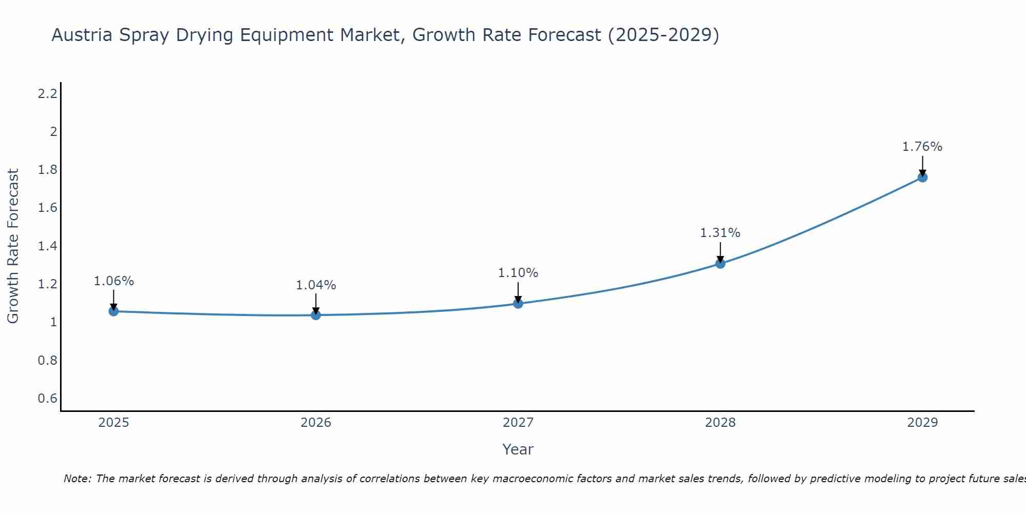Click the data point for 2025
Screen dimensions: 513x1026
[x=114, y=311]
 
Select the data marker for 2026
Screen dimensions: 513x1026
[x=316, y=315]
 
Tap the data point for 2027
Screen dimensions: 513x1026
[x=518, y=303]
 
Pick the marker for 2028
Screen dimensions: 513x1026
[x=720, y=263]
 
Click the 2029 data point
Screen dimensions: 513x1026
[x=922, y=177]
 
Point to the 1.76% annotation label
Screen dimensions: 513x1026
[x=922, y=147]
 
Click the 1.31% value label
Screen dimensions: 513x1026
[x=720, y=233]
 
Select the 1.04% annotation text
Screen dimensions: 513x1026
[x=316, y=285]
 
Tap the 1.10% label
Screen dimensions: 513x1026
[x=518, y=273]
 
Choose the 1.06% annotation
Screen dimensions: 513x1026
[x=114, y=281]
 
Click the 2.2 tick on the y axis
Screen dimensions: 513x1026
[x=47, y=93]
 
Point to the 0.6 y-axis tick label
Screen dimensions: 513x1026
[x=47, y=399]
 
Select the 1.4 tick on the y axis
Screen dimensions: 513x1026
[x=47, y=246]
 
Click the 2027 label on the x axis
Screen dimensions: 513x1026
[x=518, y=423]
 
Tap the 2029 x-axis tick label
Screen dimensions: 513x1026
[x=922, y=423]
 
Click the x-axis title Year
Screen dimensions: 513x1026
[x=518, y=449]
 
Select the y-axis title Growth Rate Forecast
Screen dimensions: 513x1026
[x=13, y=246]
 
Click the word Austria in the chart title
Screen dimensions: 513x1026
[x=82, y=35]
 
